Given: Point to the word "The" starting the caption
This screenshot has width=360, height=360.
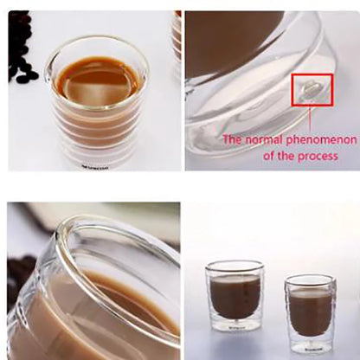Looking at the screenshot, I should [x=233, y=138].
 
